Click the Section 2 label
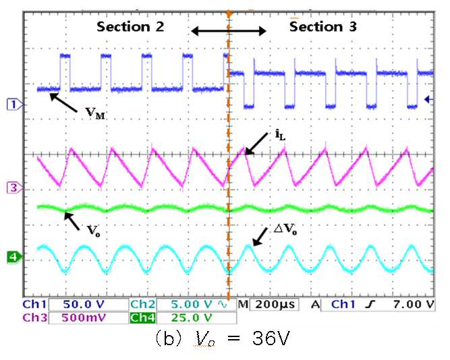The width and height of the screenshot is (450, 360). pos(130,27)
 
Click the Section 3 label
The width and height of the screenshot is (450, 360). pos(323,27)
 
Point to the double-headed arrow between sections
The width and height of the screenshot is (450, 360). pos(229,31)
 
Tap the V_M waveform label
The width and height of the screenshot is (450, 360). pos(96,113)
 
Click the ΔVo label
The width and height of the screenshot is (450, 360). pos(285,229)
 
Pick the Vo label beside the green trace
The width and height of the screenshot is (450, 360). pos(94,231)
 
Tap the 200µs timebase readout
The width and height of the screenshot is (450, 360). pos(275,304)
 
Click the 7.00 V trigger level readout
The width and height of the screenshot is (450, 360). pos(414,304)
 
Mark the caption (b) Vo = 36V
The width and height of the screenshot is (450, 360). pos(222,339)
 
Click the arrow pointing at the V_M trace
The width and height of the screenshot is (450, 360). pos(63,102)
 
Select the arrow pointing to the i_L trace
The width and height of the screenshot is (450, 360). pos(256,144)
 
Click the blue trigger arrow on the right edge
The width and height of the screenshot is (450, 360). pos(429,100)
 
